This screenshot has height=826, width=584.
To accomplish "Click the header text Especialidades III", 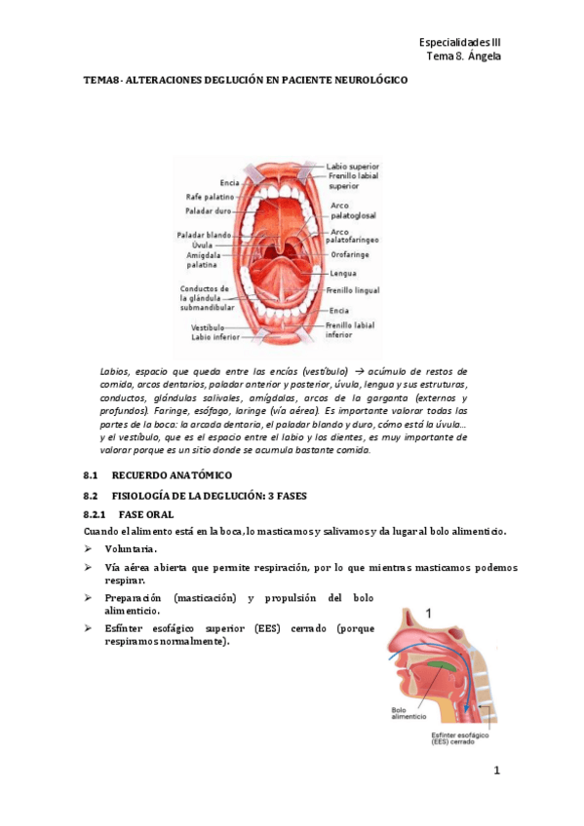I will click(x=458, y=43).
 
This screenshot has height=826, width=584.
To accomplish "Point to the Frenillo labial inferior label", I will click(x=350, y=329).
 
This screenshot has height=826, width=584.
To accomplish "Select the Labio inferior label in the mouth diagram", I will click(x=208, y=337).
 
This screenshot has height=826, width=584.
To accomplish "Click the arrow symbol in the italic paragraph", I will click(x=359, y=372).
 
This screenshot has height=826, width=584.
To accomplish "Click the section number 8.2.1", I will click(x=96, y=513).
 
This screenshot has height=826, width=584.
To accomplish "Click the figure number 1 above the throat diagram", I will click(x=426, y=612).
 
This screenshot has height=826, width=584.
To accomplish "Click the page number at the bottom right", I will click(x=496, y=772).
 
